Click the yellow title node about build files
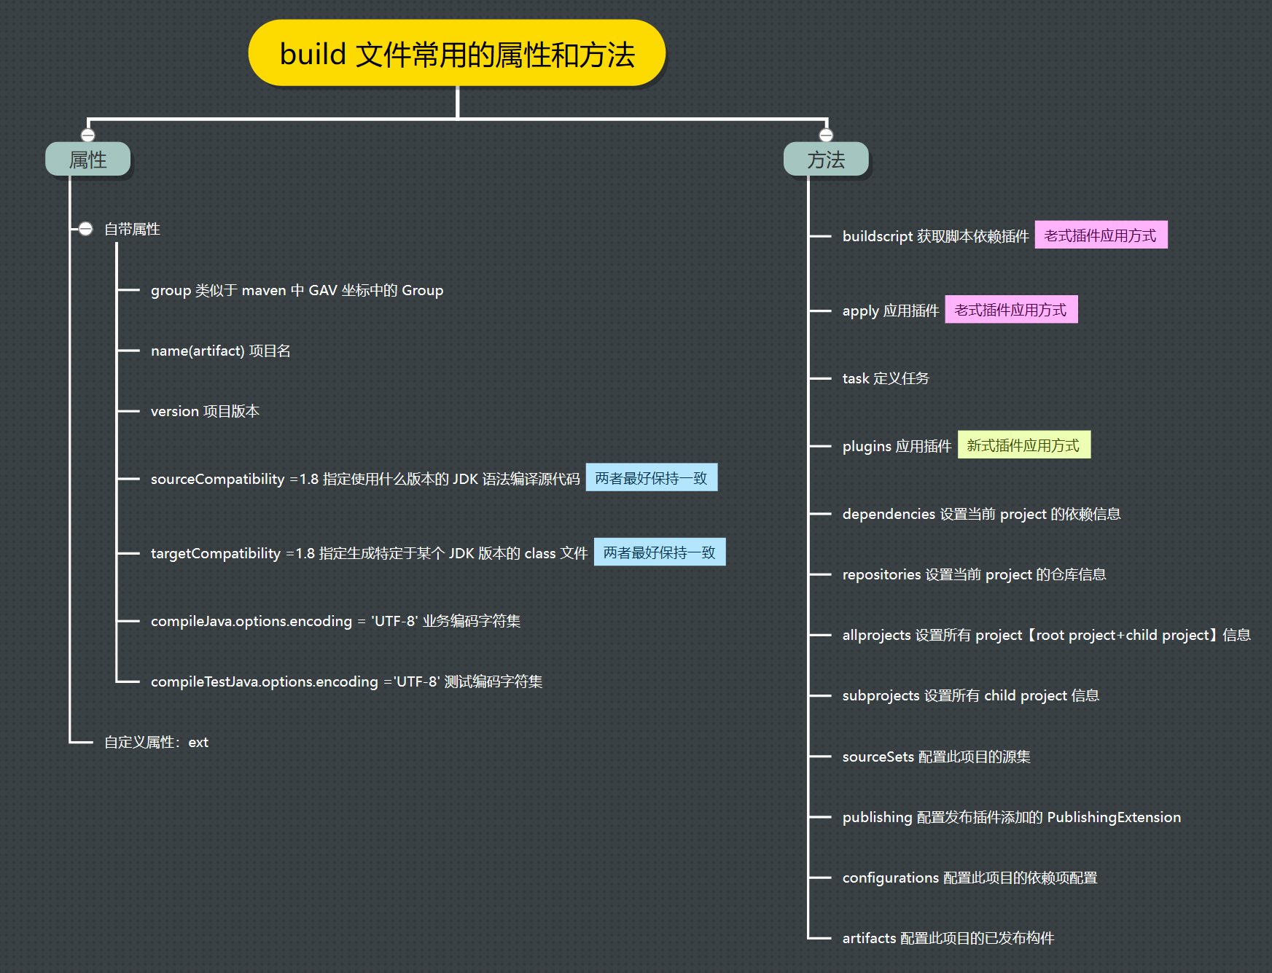tap(457, 53)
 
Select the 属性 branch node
tap(87, 160)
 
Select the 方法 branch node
tap(825, 160)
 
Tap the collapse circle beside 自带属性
tap(86, 229)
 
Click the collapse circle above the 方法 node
tap(826, 135)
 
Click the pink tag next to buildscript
tap(1101, 235)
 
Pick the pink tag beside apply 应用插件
tap(1011, 310)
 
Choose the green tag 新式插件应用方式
tap(1023, 445)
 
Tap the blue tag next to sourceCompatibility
tap(651, 478)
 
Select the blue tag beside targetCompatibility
tap(660, 552)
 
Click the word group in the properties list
tap(171, 291)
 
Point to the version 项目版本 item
tap(205, 411)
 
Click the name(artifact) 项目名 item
tap(220, 351)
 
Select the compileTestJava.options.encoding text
tap(264, 681)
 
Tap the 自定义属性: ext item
tap(156, 742)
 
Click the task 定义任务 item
tap(886, 378)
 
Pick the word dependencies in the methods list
tap(889, 514)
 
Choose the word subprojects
tap(881, 695)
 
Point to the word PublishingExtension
tap(1113, 817)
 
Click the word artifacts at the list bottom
tap(869, 938)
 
